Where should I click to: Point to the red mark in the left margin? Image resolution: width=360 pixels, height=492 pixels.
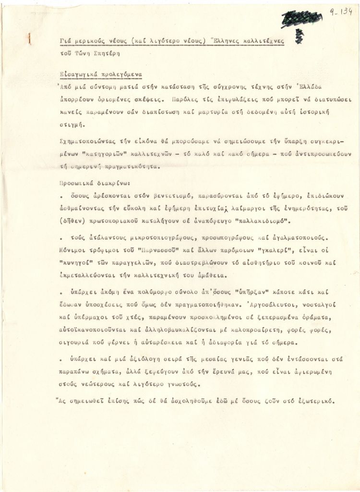30,38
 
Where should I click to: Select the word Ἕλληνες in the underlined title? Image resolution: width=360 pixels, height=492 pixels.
225,41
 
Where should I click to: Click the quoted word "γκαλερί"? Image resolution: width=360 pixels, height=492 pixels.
259,250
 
